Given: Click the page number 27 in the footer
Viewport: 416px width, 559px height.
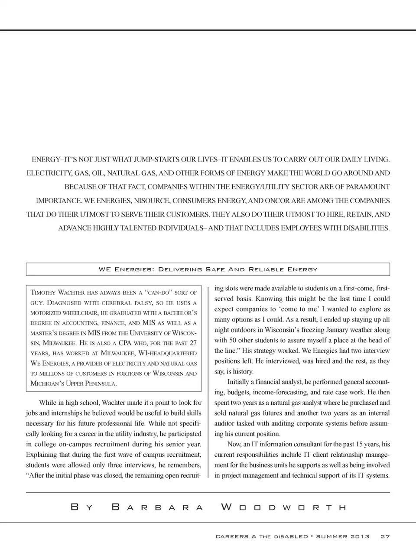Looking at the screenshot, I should (x=385, y=536).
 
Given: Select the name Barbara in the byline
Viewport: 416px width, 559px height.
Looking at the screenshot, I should (x=157, y=507).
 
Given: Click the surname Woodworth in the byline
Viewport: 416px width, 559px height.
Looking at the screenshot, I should (x=284, y=507).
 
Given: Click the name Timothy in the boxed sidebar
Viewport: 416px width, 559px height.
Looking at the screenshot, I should (x=43, y=292).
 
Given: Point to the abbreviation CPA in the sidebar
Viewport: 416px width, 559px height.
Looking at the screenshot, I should (x=125, y=343).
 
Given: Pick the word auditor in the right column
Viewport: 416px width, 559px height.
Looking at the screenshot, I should (x=224, y=423).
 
